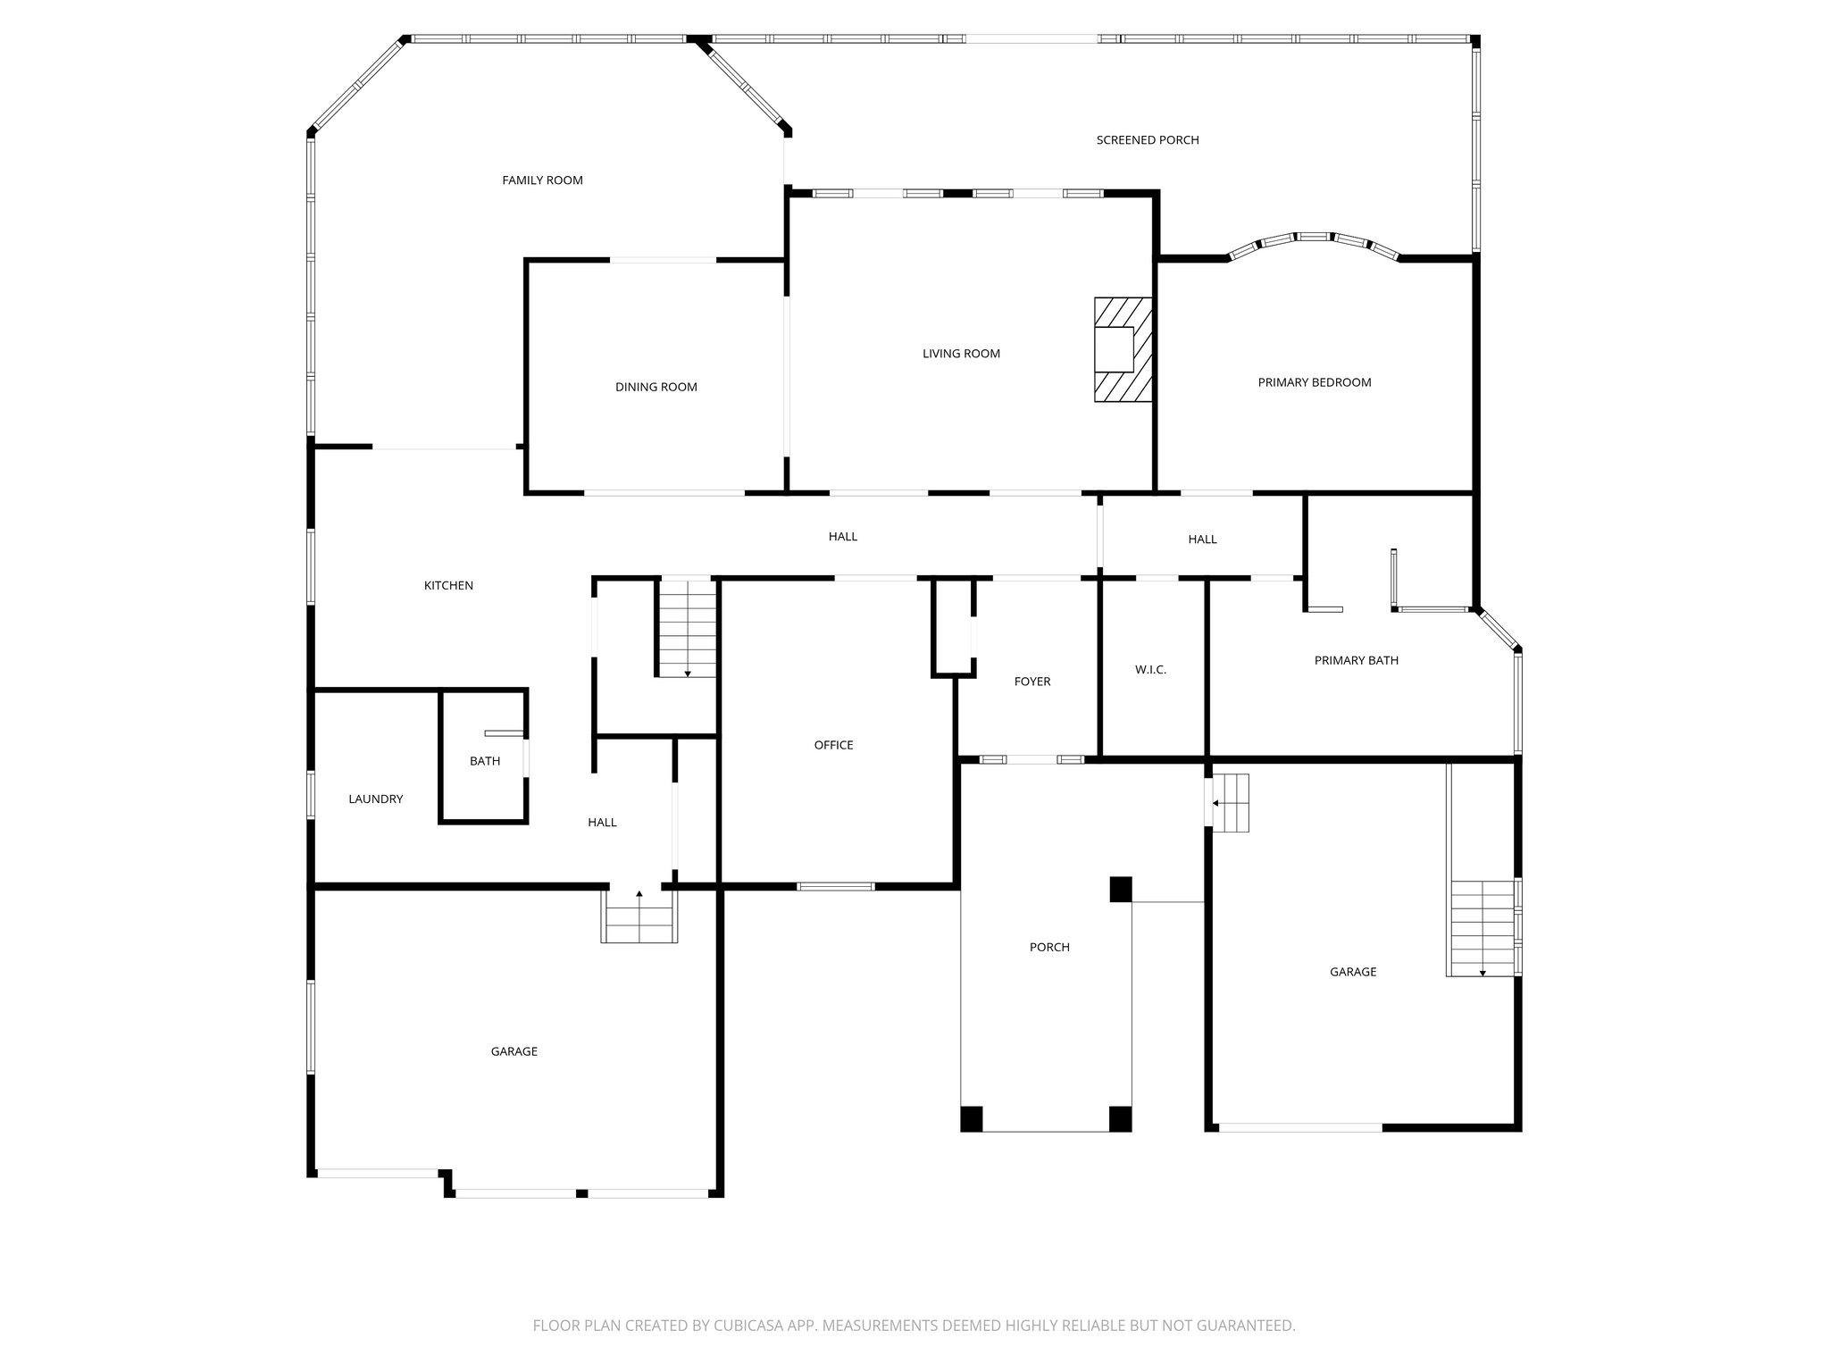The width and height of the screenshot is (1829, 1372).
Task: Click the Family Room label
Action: [542, 180]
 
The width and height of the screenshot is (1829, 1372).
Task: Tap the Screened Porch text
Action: [1147, 140]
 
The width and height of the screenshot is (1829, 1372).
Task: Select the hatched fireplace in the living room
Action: [1123, 349]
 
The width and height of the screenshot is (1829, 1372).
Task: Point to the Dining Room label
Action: [656, 387]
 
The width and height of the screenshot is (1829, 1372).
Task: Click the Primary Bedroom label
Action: [1314, 382]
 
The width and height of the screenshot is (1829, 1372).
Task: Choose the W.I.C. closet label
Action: [1150, 670]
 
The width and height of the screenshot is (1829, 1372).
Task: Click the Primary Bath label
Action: [1356, 661]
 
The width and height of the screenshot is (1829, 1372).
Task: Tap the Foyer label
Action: [1031, 682]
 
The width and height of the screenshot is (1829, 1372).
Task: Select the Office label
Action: [833, 745]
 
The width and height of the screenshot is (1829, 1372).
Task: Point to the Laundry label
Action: [375, 799]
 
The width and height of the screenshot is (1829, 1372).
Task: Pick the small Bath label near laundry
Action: [485, 762]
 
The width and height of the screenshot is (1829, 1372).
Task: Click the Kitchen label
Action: [448, 586]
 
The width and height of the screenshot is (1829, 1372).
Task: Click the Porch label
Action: [1048, 948]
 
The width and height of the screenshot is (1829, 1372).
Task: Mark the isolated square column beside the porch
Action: [1121, 890]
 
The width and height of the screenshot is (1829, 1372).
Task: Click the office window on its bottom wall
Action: [835, 886]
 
